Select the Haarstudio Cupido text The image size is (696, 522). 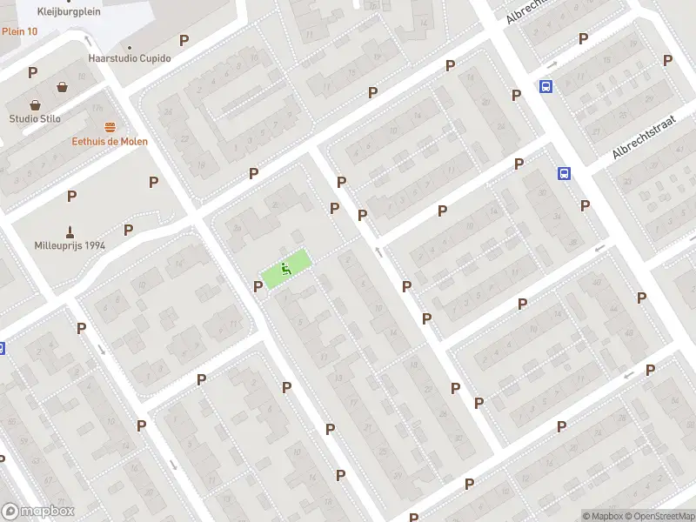[130, 58]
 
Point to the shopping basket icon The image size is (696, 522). [63, 86]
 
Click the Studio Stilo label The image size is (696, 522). [36, 118]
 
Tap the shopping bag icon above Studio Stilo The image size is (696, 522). [36, 104]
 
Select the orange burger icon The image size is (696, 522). [110, 127]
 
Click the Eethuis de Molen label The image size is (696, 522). [110, 141]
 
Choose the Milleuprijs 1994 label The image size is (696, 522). [70, 245]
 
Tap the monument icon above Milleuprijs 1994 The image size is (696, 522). [70, 231]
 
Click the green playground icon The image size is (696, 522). [285, 269]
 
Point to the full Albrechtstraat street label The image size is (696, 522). [644, 140]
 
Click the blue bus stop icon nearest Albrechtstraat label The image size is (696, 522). [565, 173]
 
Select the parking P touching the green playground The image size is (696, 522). [258, 285]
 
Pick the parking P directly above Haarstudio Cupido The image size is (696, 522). [183, 40]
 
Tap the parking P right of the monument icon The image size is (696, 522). [128, 230]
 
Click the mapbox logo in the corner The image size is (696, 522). [38, 511]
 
